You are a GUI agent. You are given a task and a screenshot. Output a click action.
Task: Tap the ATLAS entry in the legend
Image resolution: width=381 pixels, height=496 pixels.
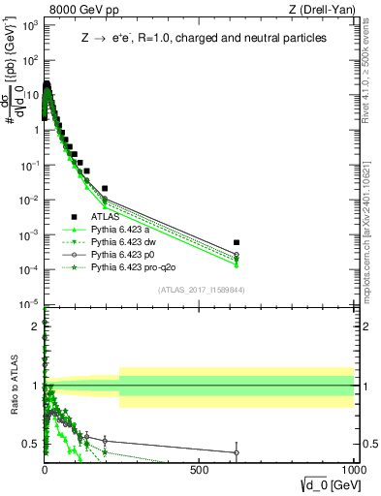(x=106, y=217)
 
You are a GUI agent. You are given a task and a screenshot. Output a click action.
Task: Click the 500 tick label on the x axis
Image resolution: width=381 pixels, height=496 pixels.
(x=200, y=468)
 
